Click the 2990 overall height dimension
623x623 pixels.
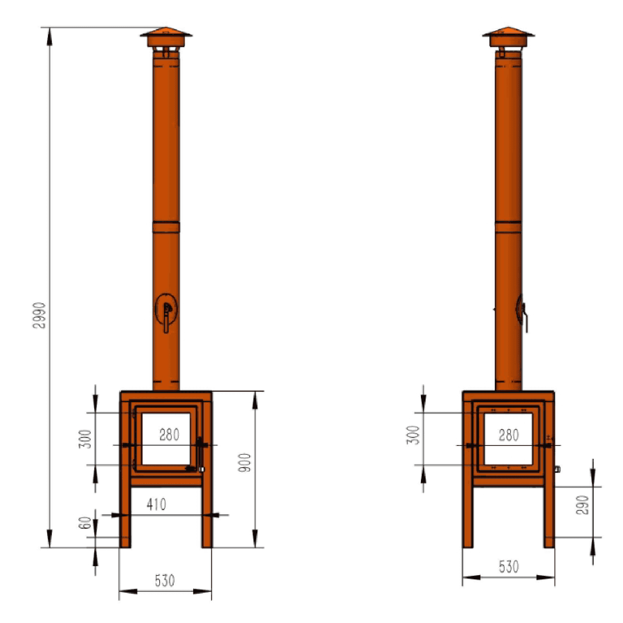pos(39,315)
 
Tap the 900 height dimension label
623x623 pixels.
pos(245,463)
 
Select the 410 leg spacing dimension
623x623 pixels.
pos(156,504)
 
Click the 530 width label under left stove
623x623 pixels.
pos(165,581)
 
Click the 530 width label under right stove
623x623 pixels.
pos(509,567)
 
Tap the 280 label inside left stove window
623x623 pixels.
pos(169,435)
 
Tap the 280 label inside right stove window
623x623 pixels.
pos(509,435)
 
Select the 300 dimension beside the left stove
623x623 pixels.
pos(85,439)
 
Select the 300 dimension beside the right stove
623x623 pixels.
pos(413,435)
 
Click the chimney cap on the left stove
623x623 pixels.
pos(166,35)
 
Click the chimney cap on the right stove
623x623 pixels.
pos(509,35)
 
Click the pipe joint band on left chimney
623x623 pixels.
pos(166,227)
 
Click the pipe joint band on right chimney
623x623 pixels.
pos(509,227)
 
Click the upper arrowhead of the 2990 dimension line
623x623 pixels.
pos(49,36)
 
